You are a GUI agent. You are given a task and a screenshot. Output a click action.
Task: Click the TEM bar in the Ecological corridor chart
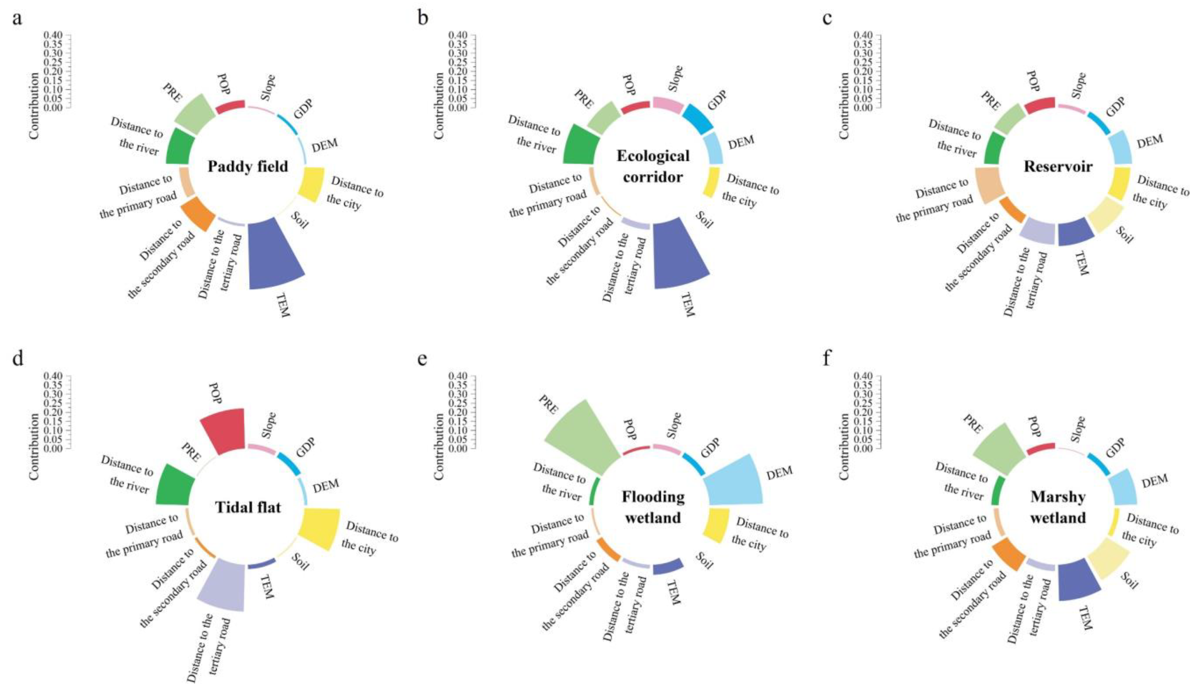(680, 255)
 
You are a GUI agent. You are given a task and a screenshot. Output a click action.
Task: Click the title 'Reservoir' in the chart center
(1058, 166)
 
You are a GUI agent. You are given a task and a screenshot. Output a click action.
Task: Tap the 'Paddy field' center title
(248, 167)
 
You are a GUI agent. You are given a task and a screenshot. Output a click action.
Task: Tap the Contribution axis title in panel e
(439, 447)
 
